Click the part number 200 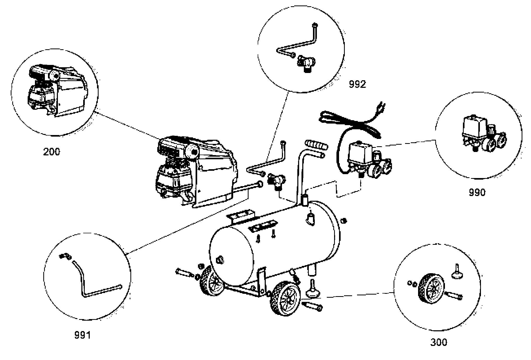(x=51, y=151)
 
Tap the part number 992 (x=357, y=84)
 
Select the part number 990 (x=477, y=192)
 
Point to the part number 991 (x=82, y=335)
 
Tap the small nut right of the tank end (x=343, y=221)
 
